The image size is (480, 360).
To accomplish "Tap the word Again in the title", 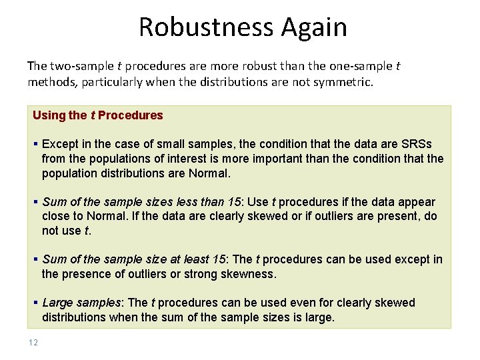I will coord(314,27).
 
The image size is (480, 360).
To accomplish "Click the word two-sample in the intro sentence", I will coord(75,66).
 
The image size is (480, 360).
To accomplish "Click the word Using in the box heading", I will coord(49,115).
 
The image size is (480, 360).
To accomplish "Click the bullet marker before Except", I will coord(35,145).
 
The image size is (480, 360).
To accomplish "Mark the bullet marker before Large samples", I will coord(35,303).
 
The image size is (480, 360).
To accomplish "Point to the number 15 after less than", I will coord(234,202).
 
